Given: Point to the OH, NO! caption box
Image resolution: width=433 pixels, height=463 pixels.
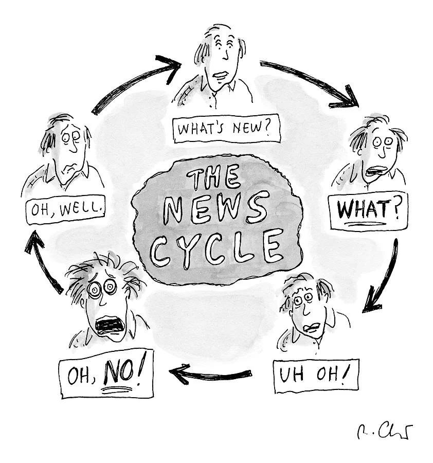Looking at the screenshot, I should (x=106, y=378).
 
